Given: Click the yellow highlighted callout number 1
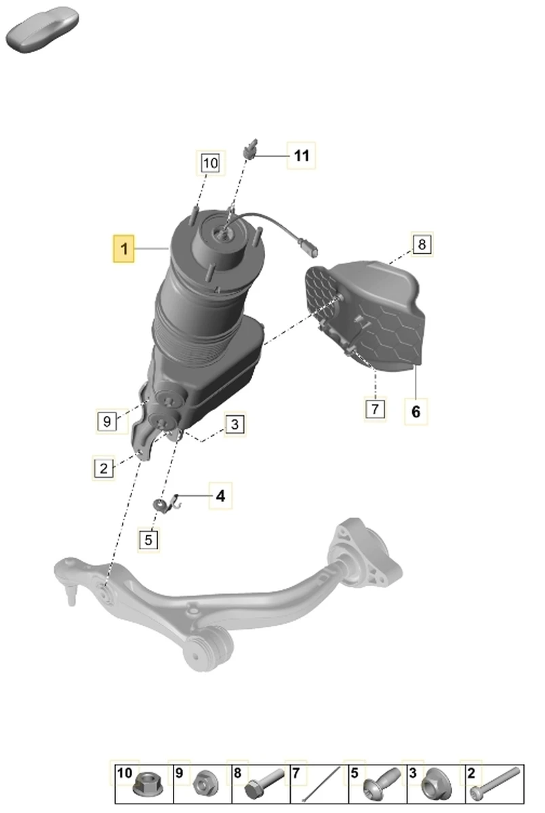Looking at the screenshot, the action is point(124,249).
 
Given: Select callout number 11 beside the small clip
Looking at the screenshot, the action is point(302,156).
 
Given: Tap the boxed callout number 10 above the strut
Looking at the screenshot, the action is point(211,163).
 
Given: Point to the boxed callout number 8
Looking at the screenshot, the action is point(422,244).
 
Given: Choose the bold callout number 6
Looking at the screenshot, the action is point(416,412).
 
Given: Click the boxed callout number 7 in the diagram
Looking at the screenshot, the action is point(375,409).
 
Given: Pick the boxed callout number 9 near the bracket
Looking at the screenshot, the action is point(106,421).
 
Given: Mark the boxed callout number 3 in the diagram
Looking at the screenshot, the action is point(235,424).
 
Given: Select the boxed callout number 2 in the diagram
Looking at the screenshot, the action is point(104,468).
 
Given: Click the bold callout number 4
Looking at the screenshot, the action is point(220,496).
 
